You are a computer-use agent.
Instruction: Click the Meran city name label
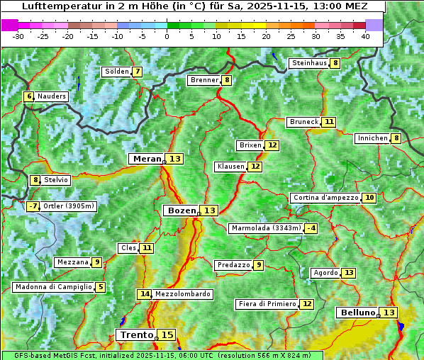(x=146, y=159)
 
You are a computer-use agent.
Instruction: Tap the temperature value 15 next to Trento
(x=167, y=334)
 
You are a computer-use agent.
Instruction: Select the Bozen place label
(x=180, y=210)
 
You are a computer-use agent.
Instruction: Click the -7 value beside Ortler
(x=33, y=206)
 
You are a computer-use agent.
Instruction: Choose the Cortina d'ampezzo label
(x=325, y=198)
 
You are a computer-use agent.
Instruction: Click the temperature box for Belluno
(x=389, y=313)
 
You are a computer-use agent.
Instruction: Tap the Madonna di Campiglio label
(x=53, y=287)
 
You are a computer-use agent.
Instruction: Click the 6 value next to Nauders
(x=29, y=96)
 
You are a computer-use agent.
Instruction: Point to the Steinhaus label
(x=309, y=63)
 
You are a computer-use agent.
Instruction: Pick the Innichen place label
(x=372, y=138)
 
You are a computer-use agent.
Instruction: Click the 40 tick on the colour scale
(x=364, y=36)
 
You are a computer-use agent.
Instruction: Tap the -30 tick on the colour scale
(x=18, y=36)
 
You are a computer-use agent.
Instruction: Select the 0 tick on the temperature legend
(x=167, y=36)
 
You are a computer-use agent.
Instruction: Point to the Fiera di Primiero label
(x=267, y=304)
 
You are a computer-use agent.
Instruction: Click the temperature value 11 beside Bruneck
(x=329, y=122)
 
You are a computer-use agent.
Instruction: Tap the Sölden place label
(x=116, y=72)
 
